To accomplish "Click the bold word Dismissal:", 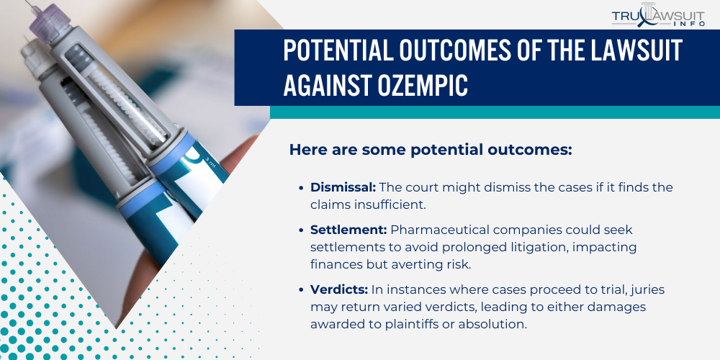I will [x=343, y=187].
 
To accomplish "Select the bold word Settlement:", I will [x=348, y=230].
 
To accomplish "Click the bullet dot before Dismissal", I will [x=301, y=187].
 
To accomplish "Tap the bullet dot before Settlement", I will [x=301, y=230].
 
